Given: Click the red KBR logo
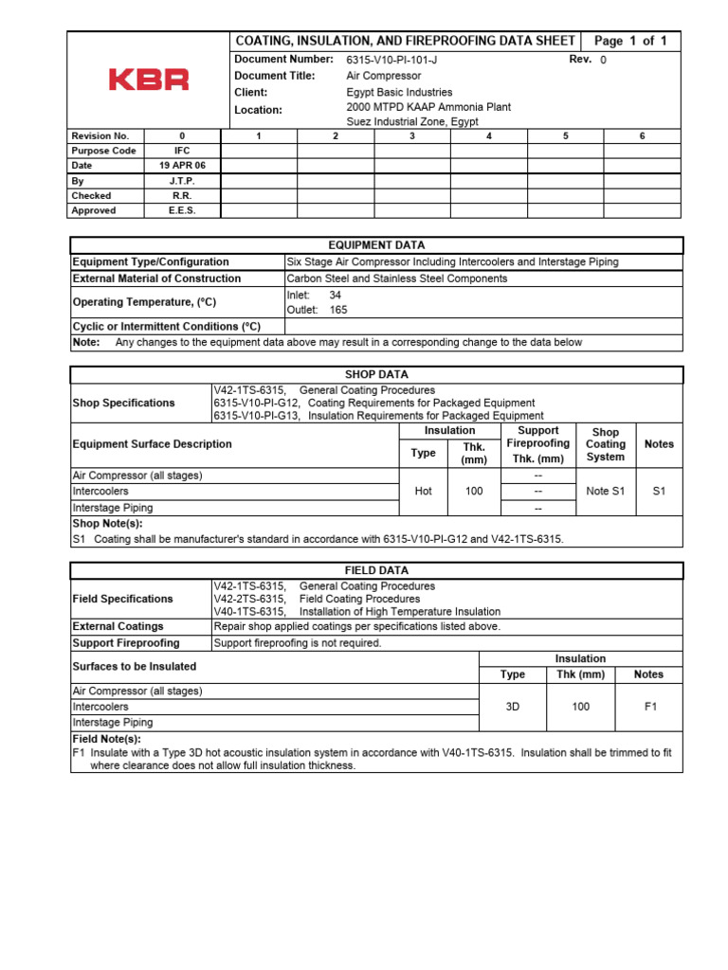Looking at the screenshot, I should point(149,80).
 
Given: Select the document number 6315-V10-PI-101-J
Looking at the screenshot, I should point(391,60).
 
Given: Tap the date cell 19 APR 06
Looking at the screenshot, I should point(182,166).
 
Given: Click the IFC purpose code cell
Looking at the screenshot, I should point(182,151).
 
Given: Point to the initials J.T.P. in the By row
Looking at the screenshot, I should point(182,181).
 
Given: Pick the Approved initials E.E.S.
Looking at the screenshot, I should point(182,210).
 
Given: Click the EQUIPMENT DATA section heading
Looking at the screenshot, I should point(376,245).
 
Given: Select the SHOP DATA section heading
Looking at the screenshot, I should point(376,375).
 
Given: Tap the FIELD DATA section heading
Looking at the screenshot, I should point(376,571).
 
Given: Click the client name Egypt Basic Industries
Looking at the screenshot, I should point(399,93).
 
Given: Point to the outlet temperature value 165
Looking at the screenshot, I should point(339,310).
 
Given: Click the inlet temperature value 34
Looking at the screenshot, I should point(335,296).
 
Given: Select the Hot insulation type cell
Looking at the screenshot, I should point(423,492).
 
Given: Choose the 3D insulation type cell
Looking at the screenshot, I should point(512,707).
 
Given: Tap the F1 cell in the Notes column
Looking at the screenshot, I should point(649,707).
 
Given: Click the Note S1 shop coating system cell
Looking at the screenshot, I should point(605,492).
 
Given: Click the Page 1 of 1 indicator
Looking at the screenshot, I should point(630,41).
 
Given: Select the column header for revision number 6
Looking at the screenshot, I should point(642,135).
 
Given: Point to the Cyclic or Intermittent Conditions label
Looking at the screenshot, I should point(166,326).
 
